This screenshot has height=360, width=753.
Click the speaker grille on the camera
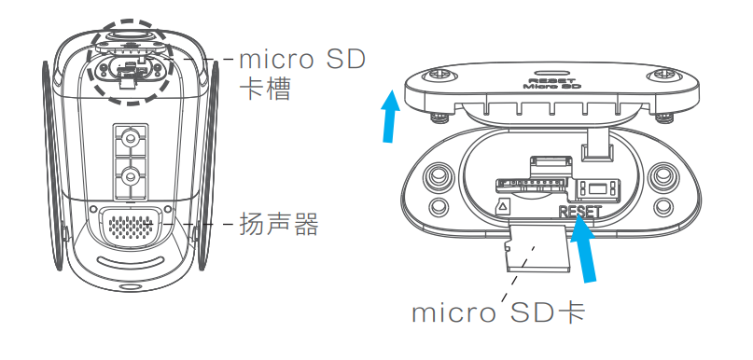point(131,226)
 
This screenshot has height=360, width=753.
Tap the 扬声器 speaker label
point(279,225)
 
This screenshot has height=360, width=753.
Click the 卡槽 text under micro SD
point(265,91)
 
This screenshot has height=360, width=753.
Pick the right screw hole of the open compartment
point(664,176)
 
